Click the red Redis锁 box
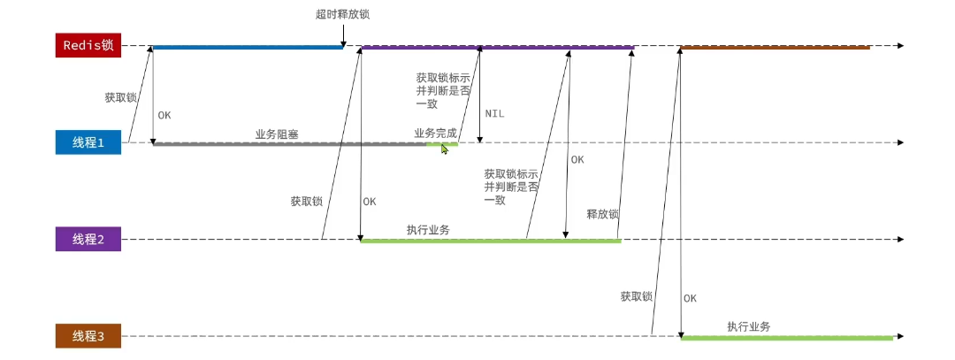tap(88, 45)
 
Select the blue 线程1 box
tap(88, 142)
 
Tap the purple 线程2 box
tap(88, 240)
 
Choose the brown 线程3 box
tap(88, 336)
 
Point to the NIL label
tap(495, 114)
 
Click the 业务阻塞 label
tap(277, 134)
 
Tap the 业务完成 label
tap(435, 133)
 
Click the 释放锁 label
tap(602, 214)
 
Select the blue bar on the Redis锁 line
tap(248, 47)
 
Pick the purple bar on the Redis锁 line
tap(497, 47)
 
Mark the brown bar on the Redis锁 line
tap(775, 47)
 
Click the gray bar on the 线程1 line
tap(289, 143)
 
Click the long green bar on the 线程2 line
tap(490, 240)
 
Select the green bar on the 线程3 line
tap(787, 337)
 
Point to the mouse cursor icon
tap(445, 149)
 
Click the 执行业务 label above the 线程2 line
tap(428, 229)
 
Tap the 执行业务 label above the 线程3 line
tap(748, 326)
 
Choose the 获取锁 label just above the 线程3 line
tap(636, 296)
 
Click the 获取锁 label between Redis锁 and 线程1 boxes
tap(120, 97)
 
